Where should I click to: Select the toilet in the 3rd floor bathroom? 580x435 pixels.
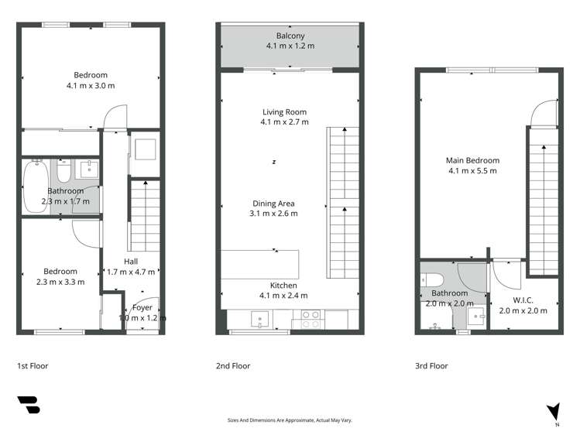tap(433, 279)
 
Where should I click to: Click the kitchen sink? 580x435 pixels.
tap(259, 317)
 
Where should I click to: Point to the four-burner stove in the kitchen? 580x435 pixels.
tap(310, 317)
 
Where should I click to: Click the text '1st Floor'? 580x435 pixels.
tap(34, 365)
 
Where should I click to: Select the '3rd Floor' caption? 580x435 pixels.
tap(431, 365)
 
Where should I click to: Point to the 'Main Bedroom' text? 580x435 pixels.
tap(470, 160)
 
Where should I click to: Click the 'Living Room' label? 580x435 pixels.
tap(284, 112)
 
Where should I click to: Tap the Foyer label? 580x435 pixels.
tap(142, 307)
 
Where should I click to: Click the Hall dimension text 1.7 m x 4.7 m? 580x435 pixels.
tap(131, 272)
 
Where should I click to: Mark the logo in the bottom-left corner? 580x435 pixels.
tap(28, 406)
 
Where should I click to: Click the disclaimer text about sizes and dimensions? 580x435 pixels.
tap(290, 420)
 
